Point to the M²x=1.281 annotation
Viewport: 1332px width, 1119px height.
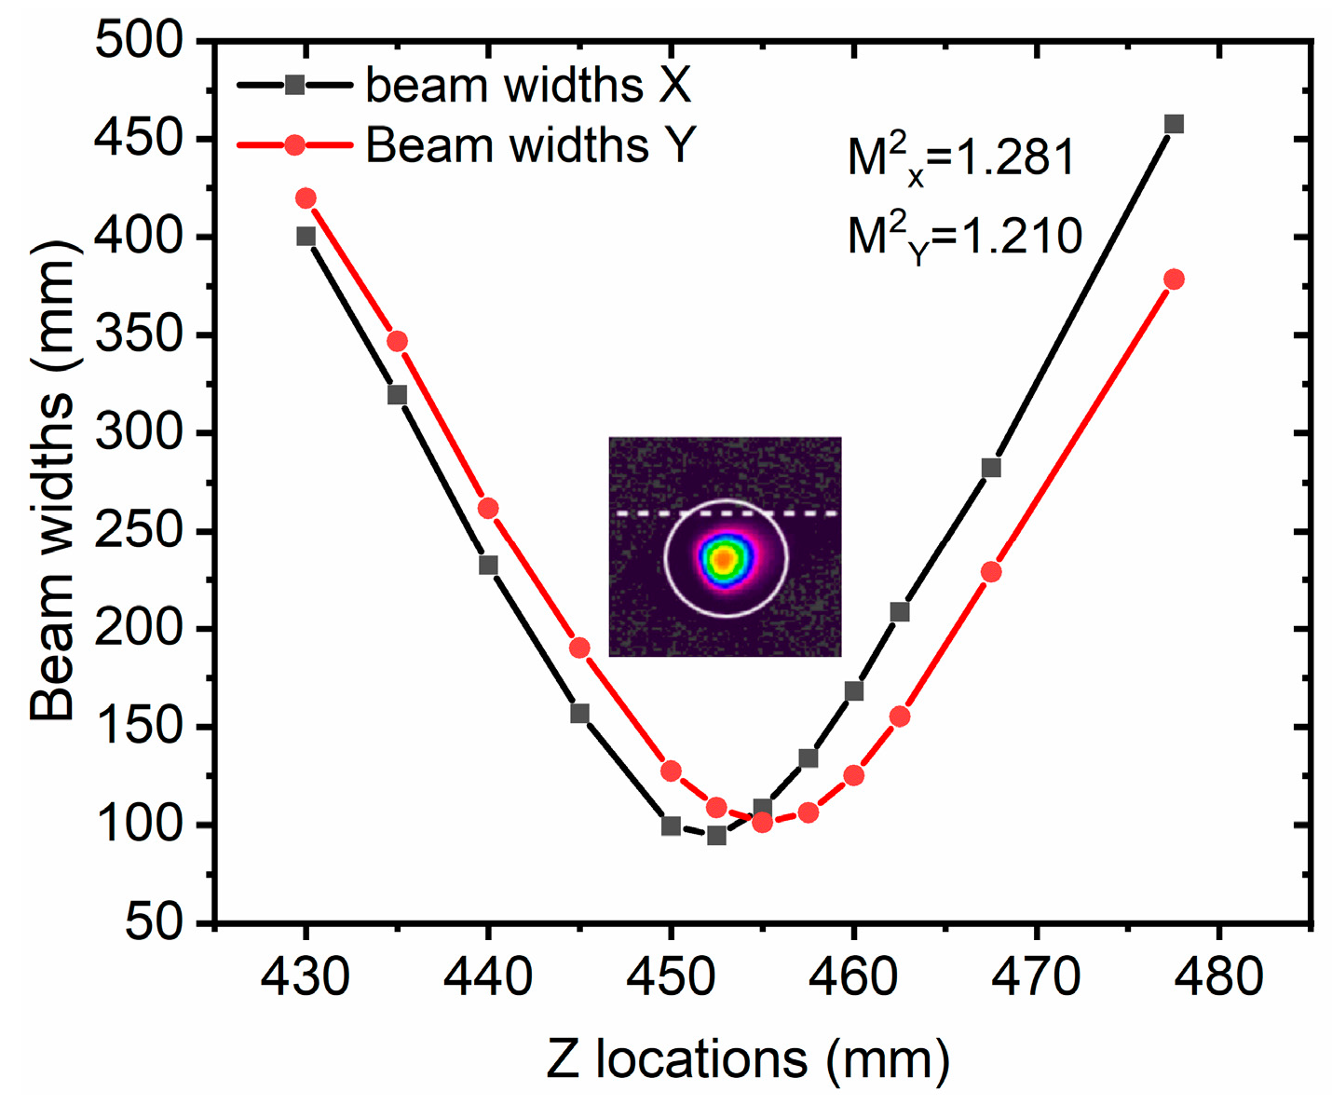(961, 159)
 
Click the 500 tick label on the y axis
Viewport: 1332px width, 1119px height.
(139, 42)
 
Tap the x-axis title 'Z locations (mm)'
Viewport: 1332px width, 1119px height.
(748, 1059)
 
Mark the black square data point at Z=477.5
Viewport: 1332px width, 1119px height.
(1174, 124)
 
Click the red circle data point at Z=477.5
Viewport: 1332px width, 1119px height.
(1174, 280)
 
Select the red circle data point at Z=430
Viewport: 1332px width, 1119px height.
(306, 198)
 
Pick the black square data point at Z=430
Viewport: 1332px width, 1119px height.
(306, 237)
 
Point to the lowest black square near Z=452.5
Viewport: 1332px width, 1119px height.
(716, 836)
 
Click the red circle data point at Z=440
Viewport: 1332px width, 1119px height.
(488, 509)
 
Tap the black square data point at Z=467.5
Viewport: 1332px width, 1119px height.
(991, 468)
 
